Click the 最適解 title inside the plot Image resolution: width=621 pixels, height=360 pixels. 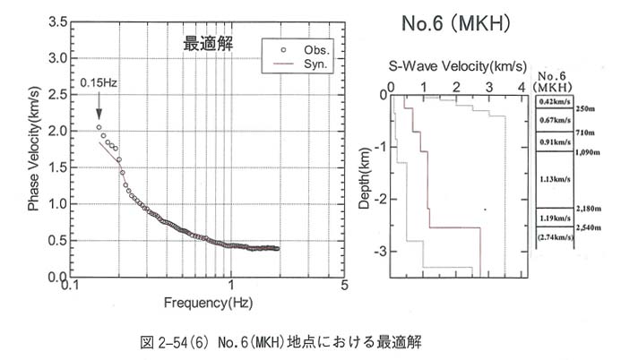click(207, 43)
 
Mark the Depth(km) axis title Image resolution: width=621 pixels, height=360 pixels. click(366, 178)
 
